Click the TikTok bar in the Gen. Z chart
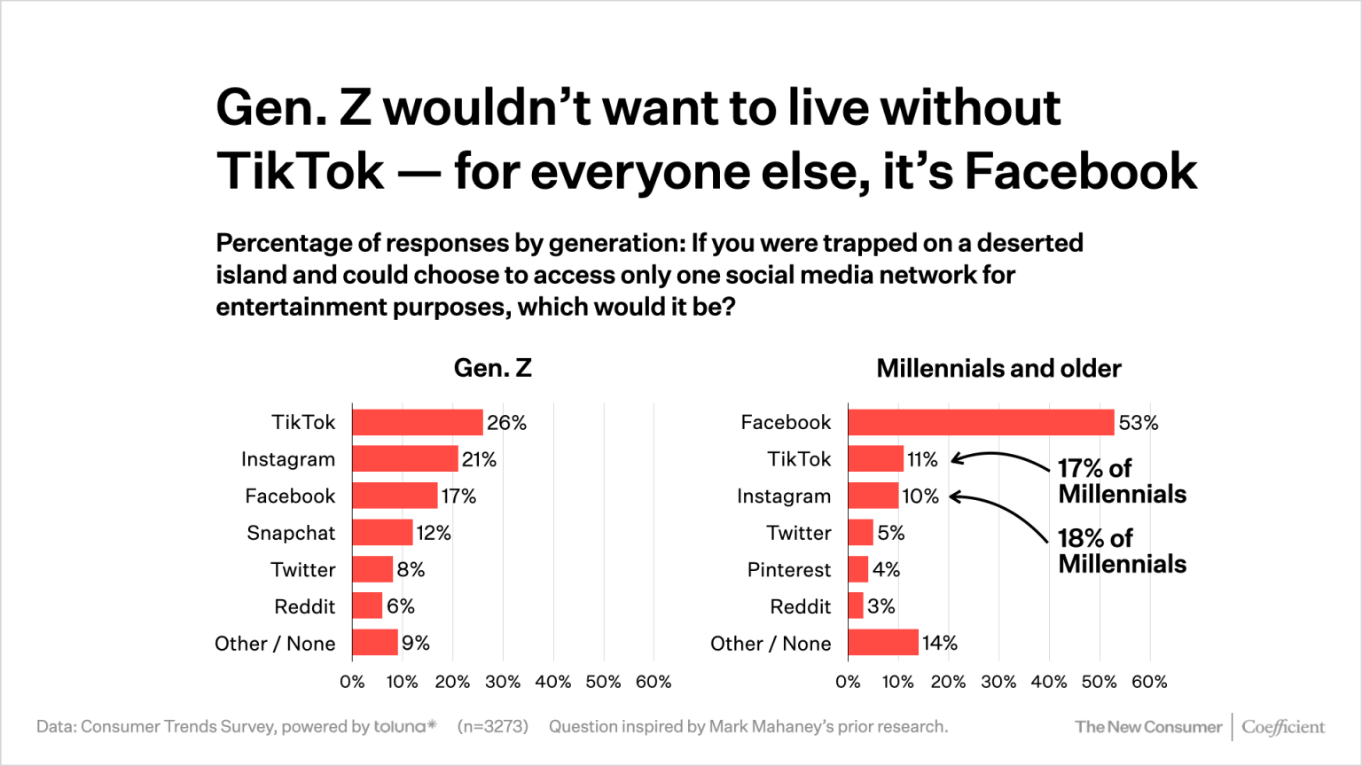click(417, 422)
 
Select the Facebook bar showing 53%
click(980, 422)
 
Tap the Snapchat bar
click(382, 533)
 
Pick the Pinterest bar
click(857, 569)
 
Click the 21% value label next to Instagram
click(479, 459)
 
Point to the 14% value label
click(940, 643)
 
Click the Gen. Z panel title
click(492, 368)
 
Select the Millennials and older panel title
click(998, 368)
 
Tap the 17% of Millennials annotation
click(1121, 481)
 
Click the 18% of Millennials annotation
click(1121, 551)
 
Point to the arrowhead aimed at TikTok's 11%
click(957, 459)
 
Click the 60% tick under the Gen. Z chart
click(654, 682)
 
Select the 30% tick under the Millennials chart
click(998, 682)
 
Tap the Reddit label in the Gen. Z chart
click(304, 606)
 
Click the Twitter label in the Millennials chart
click(798, 533)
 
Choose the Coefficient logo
click(1282, 727)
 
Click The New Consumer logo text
click(1147, 727)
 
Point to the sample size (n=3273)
click(492, 727)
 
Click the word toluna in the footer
click(401, 727)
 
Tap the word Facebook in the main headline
click(1080, 171)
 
